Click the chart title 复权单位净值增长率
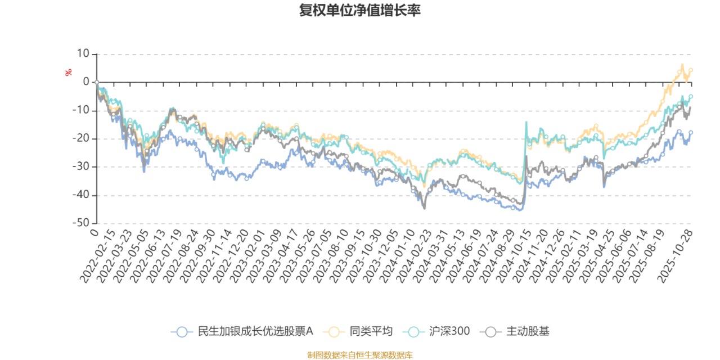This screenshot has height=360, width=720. (360, 11)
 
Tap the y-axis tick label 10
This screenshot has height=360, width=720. (83, 54)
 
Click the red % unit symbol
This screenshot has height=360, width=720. (69, 73)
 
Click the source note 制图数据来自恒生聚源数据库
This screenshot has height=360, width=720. (360, 355)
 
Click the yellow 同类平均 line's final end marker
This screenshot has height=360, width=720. (691, 70)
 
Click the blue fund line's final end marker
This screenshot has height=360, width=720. (691, 133)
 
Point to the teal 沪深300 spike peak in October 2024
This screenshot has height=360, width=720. (526, 122)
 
